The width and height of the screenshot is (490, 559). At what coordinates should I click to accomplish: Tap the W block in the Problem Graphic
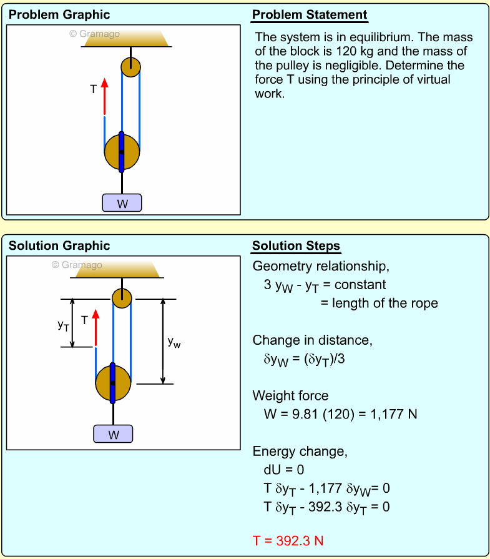coord(122,203)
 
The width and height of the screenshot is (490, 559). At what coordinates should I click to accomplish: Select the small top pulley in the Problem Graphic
coord(131,67)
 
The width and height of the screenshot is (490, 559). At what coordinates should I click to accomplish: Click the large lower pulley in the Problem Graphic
coord(122,152)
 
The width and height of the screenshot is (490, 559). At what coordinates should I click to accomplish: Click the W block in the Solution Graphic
coord(114,434)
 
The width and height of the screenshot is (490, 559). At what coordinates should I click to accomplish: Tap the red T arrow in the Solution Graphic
coord(96,326)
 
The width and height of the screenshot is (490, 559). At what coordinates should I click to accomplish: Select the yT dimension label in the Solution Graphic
coord(63,324)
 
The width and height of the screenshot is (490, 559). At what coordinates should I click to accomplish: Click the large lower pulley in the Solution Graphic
coord(113,383)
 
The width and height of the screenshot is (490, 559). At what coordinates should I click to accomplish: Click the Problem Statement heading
coord(310,15)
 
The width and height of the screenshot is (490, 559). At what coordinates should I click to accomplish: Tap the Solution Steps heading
coord(296,245)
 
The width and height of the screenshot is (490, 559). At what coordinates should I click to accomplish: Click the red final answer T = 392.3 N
coord(288,540)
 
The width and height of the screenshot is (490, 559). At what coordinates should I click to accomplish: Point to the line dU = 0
coord(284,470)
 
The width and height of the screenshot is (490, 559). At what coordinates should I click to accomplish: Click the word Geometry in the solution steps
coord(278,267)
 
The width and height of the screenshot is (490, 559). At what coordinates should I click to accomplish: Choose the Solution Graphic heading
coord(59,245)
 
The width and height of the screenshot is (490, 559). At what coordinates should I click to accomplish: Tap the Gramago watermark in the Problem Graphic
coord(94,34)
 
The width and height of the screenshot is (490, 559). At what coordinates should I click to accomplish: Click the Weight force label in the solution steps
coord(290,395)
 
